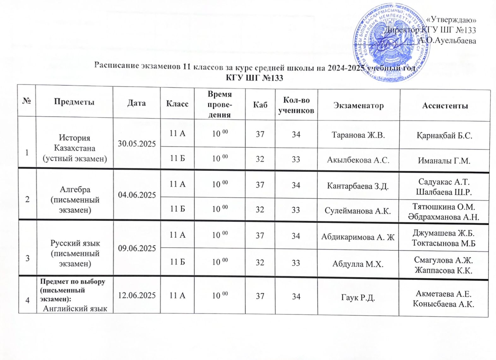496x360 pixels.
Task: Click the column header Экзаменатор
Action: coord(358,105)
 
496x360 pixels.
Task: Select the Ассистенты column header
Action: coord(445,106)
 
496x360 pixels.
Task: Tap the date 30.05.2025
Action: coord(137,144)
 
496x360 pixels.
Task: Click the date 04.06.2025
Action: coord(137,195)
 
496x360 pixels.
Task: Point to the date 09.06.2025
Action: coord(137,248)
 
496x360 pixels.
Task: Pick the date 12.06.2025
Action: coord(137,295)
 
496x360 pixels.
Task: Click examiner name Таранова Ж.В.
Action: coord(358,135)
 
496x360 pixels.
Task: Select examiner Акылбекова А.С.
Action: coord(358,160)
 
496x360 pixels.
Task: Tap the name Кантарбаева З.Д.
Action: coord(358,186)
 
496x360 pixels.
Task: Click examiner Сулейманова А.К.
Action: coord(358,211)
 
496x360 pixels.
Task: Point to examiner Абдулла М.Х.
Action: coord(358,264)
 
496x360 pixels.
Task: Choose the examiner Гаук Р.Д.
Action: coord(358,297)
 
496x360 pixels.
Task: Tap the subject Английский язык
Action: coord(75,308)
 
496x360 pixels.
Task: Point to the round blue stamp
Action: coord(391,43)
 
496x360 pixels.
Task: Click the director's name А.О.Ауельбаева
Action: coord(447,40)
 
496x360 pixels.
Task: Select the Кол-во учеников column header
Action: coord(296,105)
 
